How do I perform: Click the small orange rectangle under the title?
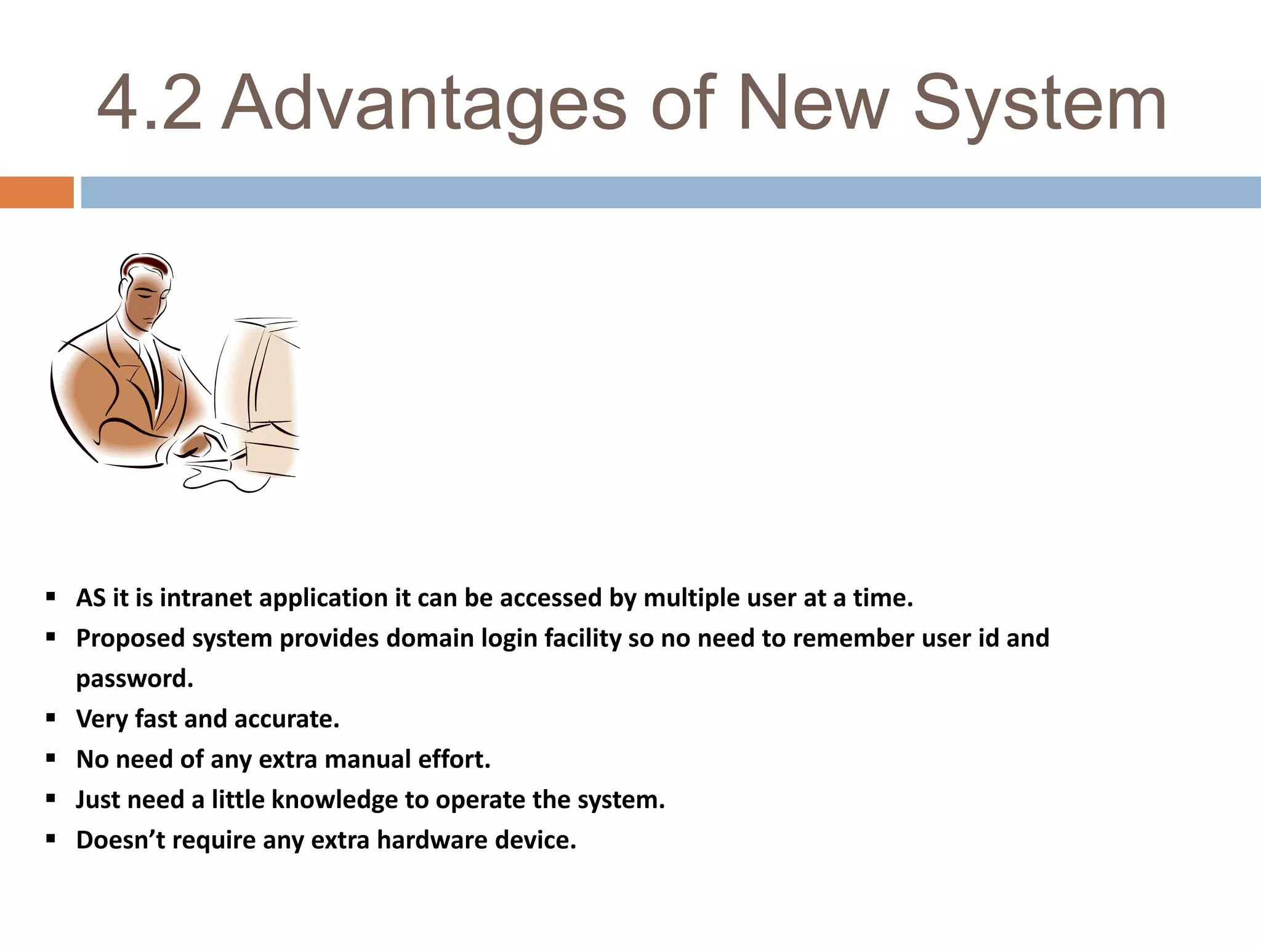(36, 192)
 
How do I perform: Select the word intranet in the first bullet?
(206, 598)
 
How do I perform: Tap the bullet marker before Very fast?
(51, 718)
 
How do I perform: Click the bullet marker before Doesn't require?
(51, 839)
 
